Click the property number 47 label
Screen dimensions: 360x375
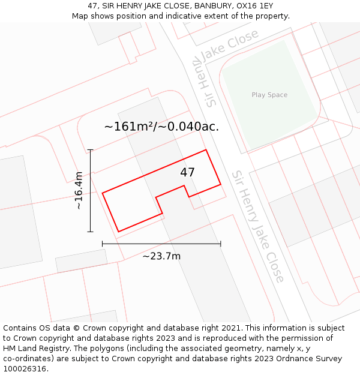(187, 172)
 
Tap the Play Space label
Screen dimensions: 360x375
(269, 95)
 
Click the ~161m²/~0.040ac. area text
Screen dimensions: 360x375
(161, 127)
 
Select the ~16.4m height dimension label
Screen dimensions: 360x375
(79, 190)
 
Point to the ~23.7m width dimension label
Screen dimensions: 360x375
(161, 256)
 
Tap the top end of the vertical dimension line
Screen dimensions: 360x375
(91, 149)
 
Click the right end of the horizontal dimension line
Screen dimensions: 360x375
(221, 244)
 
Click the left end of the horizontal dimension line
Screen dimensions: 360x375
(103, 244)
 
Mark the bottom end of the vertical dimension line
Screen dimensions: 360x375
(91, 232)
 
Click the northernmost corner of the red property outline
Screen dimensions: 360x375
(206, 149)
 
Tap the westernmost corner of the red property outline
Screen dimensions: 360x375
(103, 193)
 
